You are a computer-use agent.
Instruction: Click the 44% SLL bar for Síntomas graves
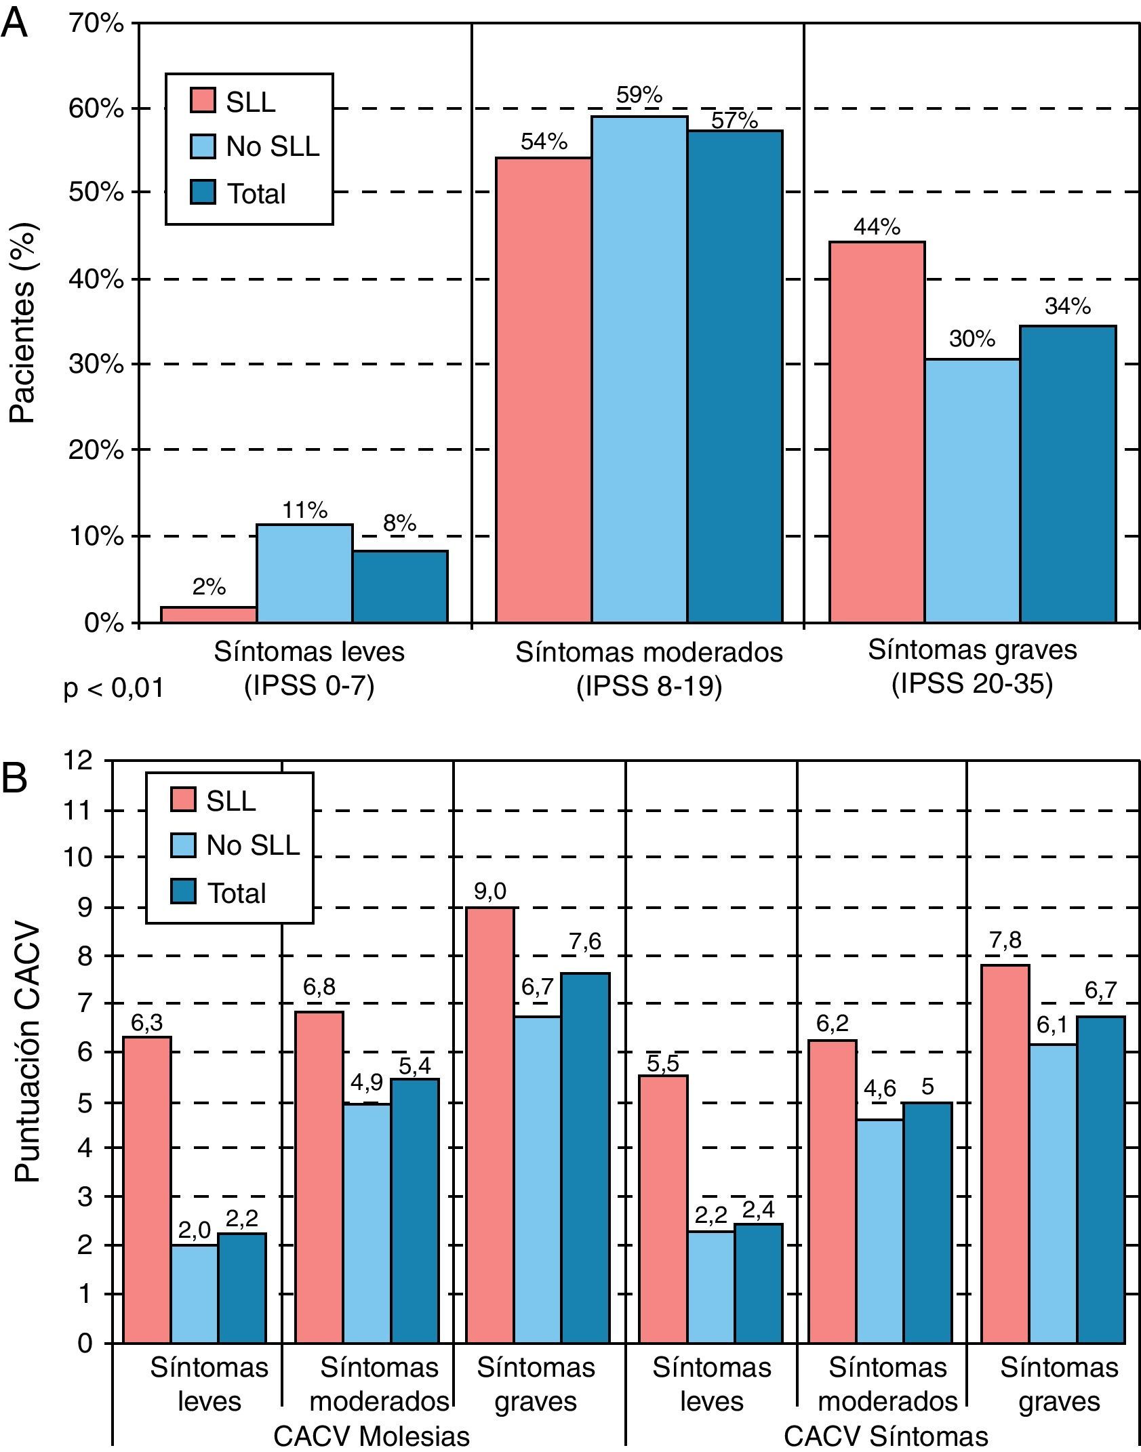[877, 432]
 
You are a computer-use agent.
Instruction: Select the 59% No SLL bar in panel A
[639, 369]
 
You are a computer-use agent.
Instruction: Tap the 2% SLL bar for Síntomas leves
[209, 614]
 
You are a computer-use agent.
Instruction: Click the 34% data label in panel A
[1068, 307]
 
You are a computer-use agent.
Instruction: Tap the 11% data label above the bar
[304, 510]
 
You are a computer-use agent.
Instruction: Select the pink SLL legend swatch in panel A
[202, 102]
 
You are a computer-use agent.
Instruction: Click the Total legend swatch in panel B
[182, 893]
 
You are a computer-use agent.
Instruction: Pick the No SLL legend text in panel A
[273, 146]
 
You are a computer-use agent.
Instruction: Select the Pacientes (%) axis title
[23, 323]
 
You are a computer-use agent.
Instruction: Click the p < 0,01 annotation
[114, 689]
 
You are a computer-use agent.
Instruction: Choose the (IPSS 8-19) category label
[649, 687]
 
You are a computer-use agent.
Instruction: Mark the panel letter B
[14, 779]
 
